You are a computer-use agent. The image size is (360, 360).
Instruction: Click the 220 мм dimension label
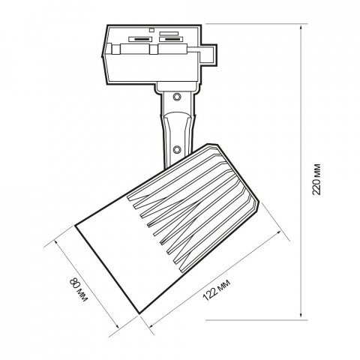pos(316,179)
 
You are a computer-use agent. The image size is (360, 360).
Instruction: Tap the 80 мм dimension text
pos(79,289)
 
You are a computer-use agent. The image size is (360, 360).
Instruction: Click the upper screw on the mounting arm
pos(177,97)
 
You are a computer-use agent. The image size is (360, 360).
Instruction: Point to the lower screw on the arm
pos(177,149)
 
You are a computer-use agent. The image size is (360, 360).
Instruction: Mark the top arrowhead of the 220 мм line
pos(301,28)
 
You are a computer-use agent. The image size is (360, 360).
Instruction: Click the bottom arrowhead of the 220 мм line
pos(301,316)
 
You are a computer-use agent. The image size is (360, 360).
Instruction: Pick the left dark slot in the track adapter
pos(140,39)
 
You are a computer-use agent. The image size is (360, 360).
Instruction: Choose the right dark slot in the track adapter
pos(170,39)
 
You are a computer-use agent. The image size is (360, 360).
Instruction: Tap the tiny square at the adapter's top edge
pos(151,30)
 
